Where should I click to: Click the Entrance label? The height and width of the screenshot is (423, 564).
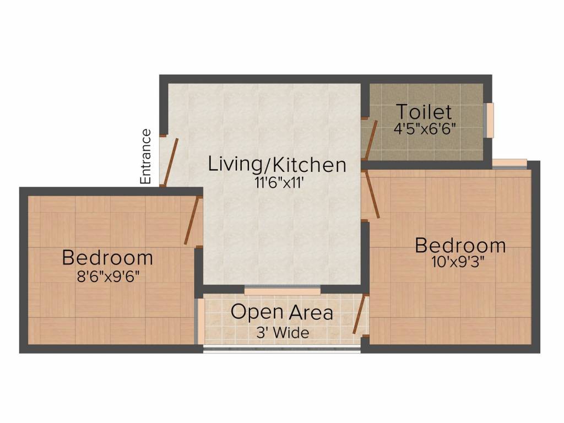click(146, 156)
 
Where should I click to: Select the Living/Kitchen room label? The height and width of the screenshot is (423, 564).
click(277, 164)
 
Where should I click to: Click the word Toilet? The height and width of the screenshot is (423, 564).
click(424, 112)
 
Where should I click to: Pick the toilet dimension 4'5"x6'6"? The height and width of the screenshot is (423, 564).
click(424, 130)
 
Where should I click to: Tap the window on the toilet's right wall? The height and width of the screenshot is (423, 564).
click(489, 120)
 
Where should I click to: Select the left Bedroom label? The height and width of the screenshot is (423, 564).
click(107, 257)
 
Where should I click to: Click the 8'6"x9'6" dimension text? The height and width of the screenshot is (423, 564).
click(107, 275)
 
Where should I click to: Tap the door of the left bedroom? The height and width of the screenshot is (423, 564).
click(192, 221)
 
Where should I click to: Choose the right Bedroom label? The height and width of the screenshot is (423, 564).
click(460, 245)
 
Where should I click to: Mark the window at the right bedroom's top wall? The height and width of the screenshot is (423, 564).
click(509, 163)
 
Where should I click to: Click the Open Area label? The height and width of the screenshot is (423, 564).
click(281, 312)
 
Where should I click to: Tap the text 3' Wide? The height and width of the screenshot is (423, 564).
click(281, 333)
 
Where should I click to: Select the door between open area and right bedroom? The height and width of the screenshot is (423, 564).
click(359, 314)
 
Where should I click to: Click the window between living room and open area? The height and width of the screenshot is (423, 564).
click(282, 290)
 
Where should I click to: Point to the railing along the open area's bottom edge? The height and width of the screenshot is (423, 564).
click(282, 348)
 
